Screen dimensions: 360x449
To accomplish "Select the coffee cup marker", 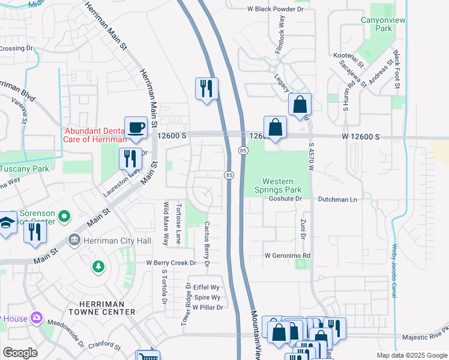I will pos(136,127).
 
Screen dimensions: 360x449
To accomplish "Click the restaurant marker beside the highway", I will pos(206,89).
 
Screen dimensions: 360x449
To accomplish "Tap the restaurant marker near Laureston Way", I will pos(130,159).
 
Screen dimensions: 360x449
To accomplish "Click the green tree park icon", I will pos(98,265).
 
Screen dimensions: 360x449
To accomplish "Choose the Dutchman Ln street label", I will pos(337,199).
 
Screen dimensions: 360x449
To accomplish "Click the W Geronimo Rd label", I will pos(288,256).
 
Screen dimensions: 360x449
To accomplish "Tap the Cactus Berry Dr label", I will pos(206,244).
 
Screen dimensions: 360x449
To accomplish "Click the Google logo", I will pos(20,353).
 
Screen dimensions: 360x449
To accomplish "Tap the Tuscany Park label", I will pos(24,169).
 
